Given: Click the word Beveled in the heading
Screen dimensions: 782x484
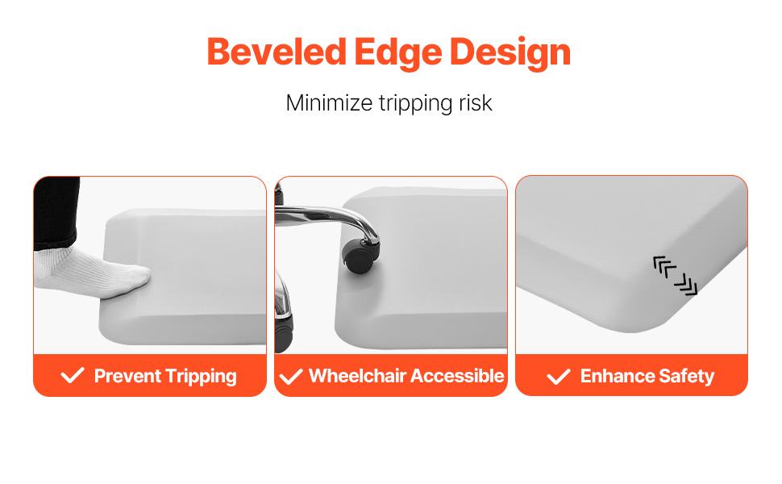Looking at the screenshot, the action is [277, 52].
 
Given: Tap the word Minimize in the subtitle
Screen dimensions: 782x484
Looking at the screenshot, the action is [329, 103].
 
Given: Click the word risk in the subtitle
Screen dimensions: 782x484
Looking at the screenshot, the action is [476, 103].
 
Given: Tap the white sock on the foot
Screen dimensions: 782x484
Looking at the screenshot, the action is [92, 272].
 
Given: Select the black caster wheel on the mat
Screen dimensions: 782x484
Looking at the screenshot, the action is [360, 256].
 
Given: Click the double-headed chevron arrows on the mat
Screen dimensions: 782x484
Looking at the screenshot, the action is [676, 275].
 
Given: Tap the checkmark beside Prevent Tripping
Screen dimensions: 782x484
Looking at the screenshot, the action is [73, 375].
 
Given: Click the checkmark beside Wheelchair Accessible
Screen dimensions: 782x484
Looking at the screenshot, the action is [291, 376].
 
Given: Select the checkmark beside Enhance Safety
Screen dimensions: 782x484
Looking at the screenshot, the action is [559, 376].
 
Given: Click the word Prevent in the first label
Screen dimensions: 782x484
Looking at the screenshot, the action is [127, 376].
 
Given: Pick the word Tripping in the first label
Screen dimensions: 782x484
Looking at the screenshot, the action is [201, 377].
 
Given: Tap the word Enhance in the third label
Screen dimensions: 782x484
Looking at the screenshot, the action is [617, 376].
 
